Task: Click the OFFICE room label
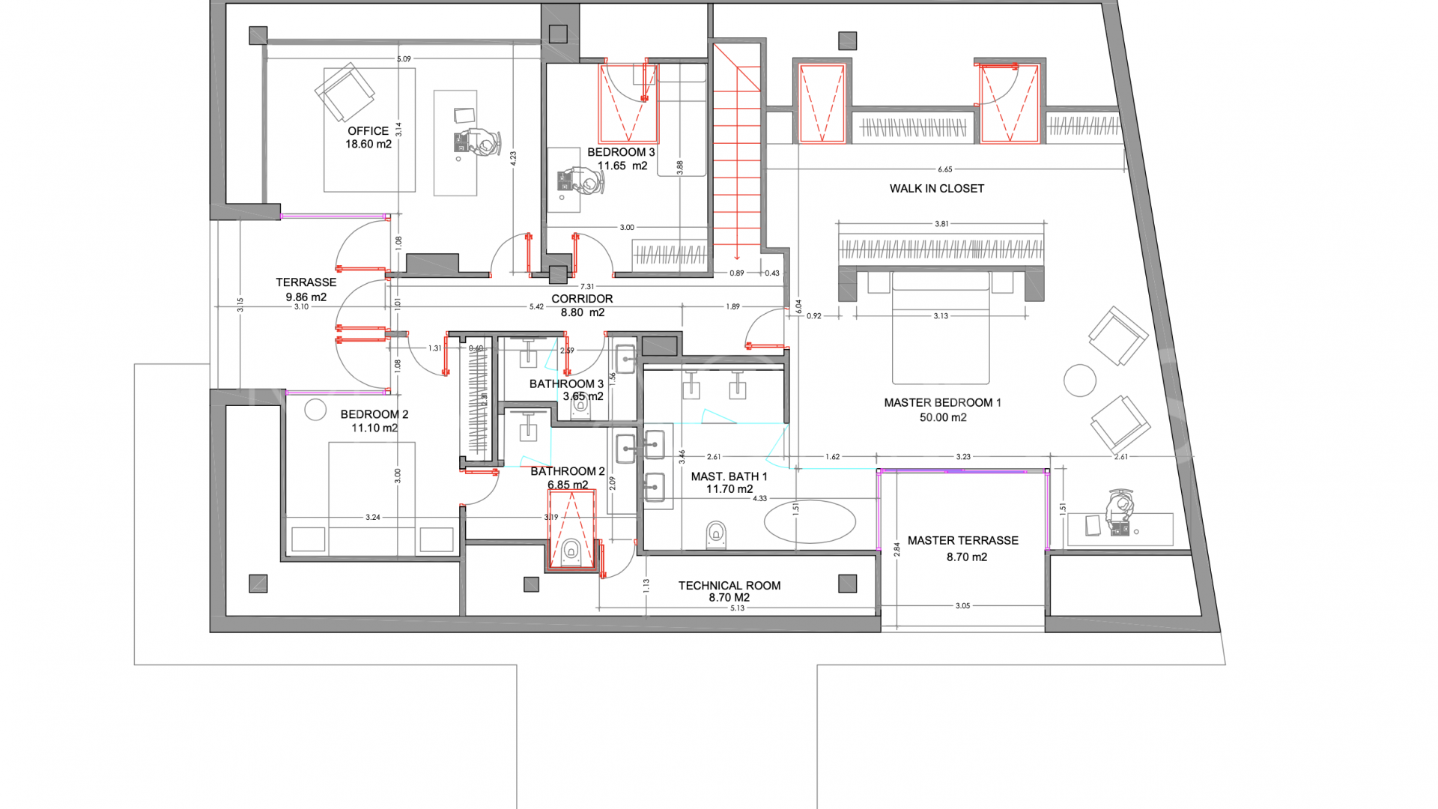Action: pyautogui.click(x=368, y=131)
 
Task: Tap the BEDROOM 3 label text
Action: pyautogui.click(x=621, y=152)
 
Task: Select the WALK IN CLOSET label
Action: pyautogui.click(x=936, y=189)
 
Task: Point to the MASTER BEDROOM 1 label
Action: pyautogui.click(x=942, y=403)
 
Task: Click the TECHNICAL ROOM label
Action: pyautogui.click(x=729, y=586)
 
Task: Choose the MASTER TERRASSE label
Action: pyautogui.click(x=962, y=541)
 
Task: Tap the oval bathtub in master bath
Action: pyautogui.click(x=810, y=521)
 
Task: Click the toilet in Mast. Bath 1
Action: pyautogui.click(x=716, y=534)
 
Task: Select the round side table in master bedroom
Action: pyautogui.click(x=1079, y=381)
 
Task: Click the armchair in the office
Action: pyautogui.click(x=345, y=93)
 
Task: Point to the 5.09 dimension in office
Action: pyautogui.click(x=404, y=59)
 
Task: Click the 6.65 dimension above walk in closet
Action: pyautogui.click(x=944, y=170)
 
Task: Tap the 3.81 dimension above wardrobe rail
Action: pyautogui.click(x=941, y=224)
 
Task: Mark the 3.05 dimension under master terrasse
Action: pyautogui.click(x=962, y=606)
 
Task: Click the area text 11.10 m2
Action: pyautogui.click(x=374, y=428)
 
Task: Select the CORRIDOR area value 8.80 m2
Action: pyautogui.click(x=582, y=313)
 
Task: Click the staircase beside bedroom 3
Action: pyautogui.click(x=737, y=150)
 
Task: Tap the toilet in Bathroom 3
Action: pyautogui.click(x=580, y=407)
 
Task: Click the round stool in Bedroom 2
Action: pyautogui.click(x=315, y=409)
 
